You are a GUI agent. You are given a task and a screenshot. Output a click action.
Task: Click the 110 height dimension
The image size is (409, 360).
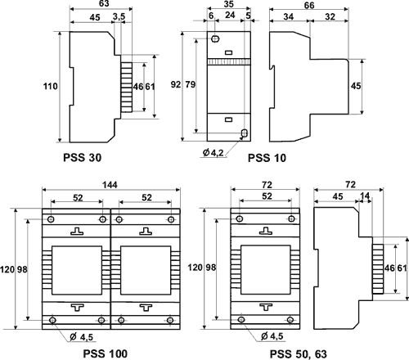51,85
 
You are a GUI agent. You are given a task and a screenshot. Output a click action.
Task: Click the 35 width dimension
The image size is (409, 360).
228,5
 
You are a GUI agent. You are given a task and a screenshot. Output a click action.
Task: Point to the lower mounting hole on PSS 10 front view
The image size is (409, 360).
243,133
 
